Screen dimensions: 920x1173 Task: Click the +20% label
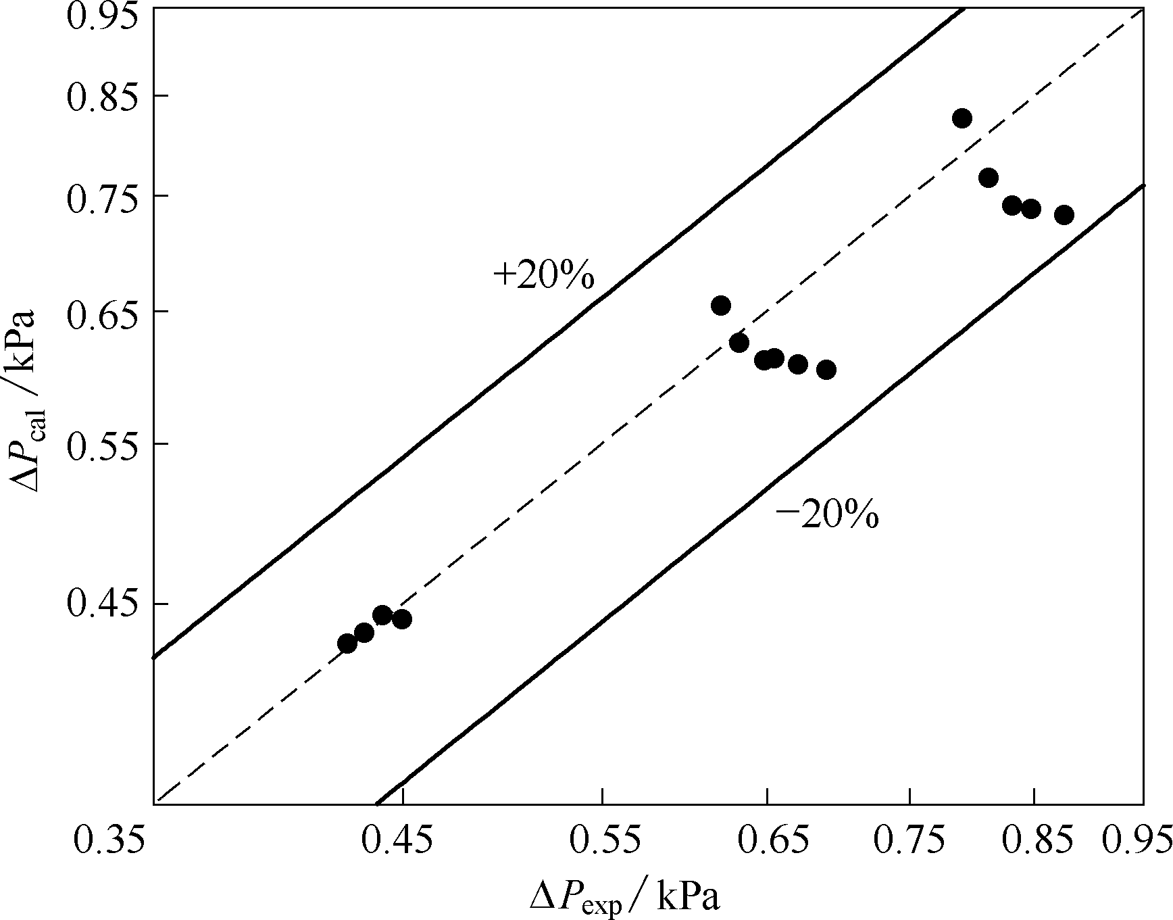point(544,276)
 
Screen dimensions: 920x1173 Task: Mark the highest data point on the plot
point(962,118)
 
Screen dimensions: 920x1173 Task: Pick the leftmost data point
point(347,644)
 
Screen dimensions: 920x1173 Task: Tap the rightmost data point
point(1064,215)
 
